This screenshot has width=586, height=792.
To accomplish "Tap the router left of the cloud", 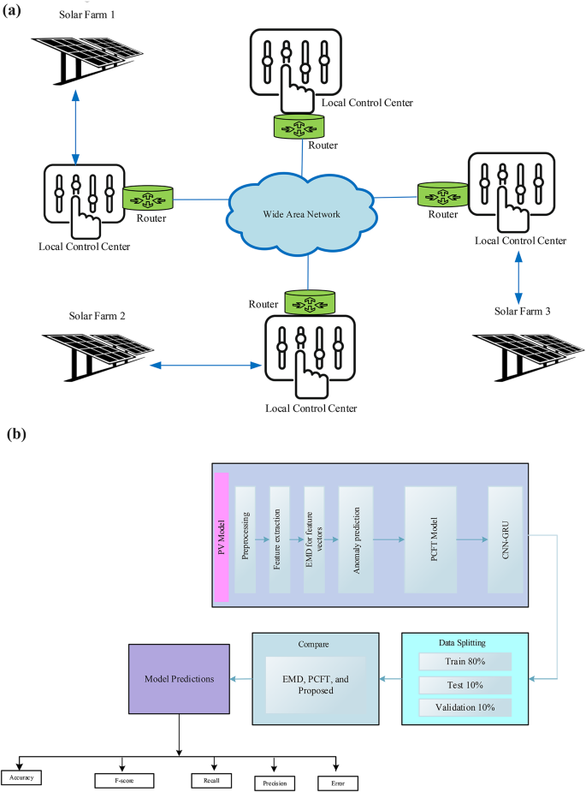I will click(148, 199).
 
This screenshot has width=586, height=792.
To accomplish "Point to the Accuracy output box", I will click(22, 778).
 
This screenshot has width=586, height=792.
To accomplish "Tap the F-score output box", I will click(124, 780).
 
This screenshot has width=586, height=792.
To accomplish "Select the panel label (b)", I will click(17, 434).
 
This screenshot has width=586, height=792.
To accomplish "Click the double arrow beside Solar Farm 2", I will click(204, 366).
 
